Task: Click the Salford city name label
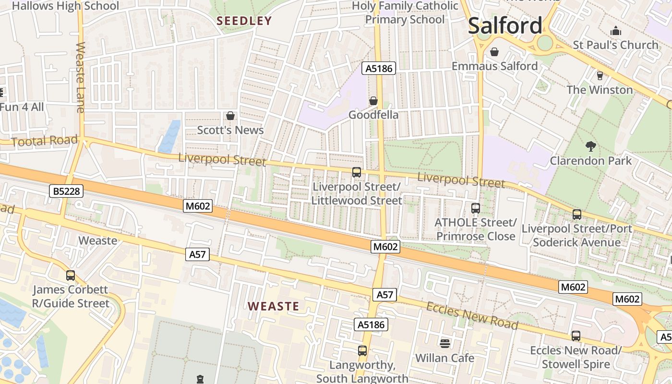tap(505, 25)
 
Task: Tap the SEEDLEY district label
tap(244, 21)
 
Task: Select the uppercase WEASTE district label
tap(273, 306)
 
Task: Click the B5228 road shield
tap(67, 192)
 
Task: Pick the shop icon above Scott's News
tap(230, 116)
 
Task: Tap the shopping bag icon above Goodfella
tap(373, 101)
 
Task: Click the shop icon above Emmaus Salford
tap(494, 51)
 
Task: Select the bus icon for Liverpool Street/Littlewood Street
tap(356, 172)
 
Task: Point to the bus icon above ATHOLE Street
tap(475, 208)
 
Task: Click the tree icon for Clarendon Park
tap(590, 146)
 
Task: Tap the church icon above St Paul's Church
tap(616, 31)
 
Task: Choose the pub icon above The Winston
tap(600, 75)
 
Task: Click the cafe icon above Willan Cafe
tap(444, 343)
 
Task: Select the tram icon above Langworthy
tap(362, 350)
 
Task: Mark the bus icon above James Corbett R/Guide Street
tap(70, 276)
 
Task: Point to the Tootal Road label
tap(44, 141)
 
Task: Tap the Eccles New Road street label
tap(472, 316)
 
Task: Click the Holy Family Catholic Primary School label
tap(405, 13)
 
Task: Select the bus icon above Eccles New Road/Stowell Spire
tap(576, 336)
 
